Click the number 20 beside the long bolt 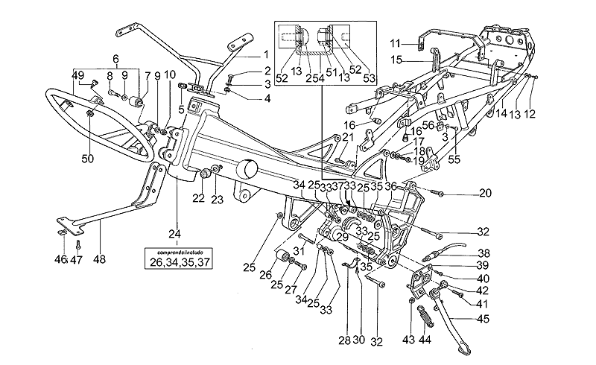[x=486, y=194]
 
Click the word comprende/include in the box [x=177, y=253]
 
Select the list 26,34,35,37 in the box [x=177, y=262]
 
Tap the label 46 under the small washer [x=61, y=259]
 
